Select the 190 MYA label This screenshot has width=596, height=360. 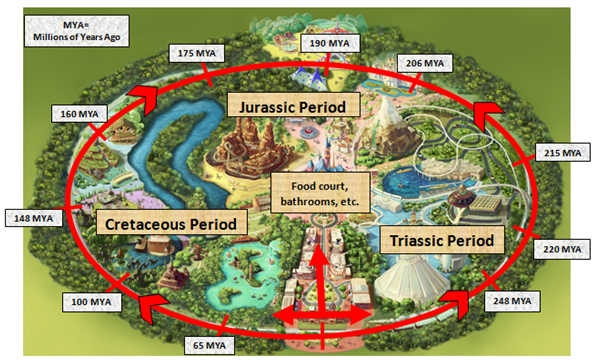pyautogui.click(x=328, y=43)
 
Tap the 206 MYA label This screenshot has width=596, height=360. pyautogui.click(x=424, y=62)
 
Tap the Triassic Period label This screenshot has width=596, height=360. pyautogui.click(x=438, y=240)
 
